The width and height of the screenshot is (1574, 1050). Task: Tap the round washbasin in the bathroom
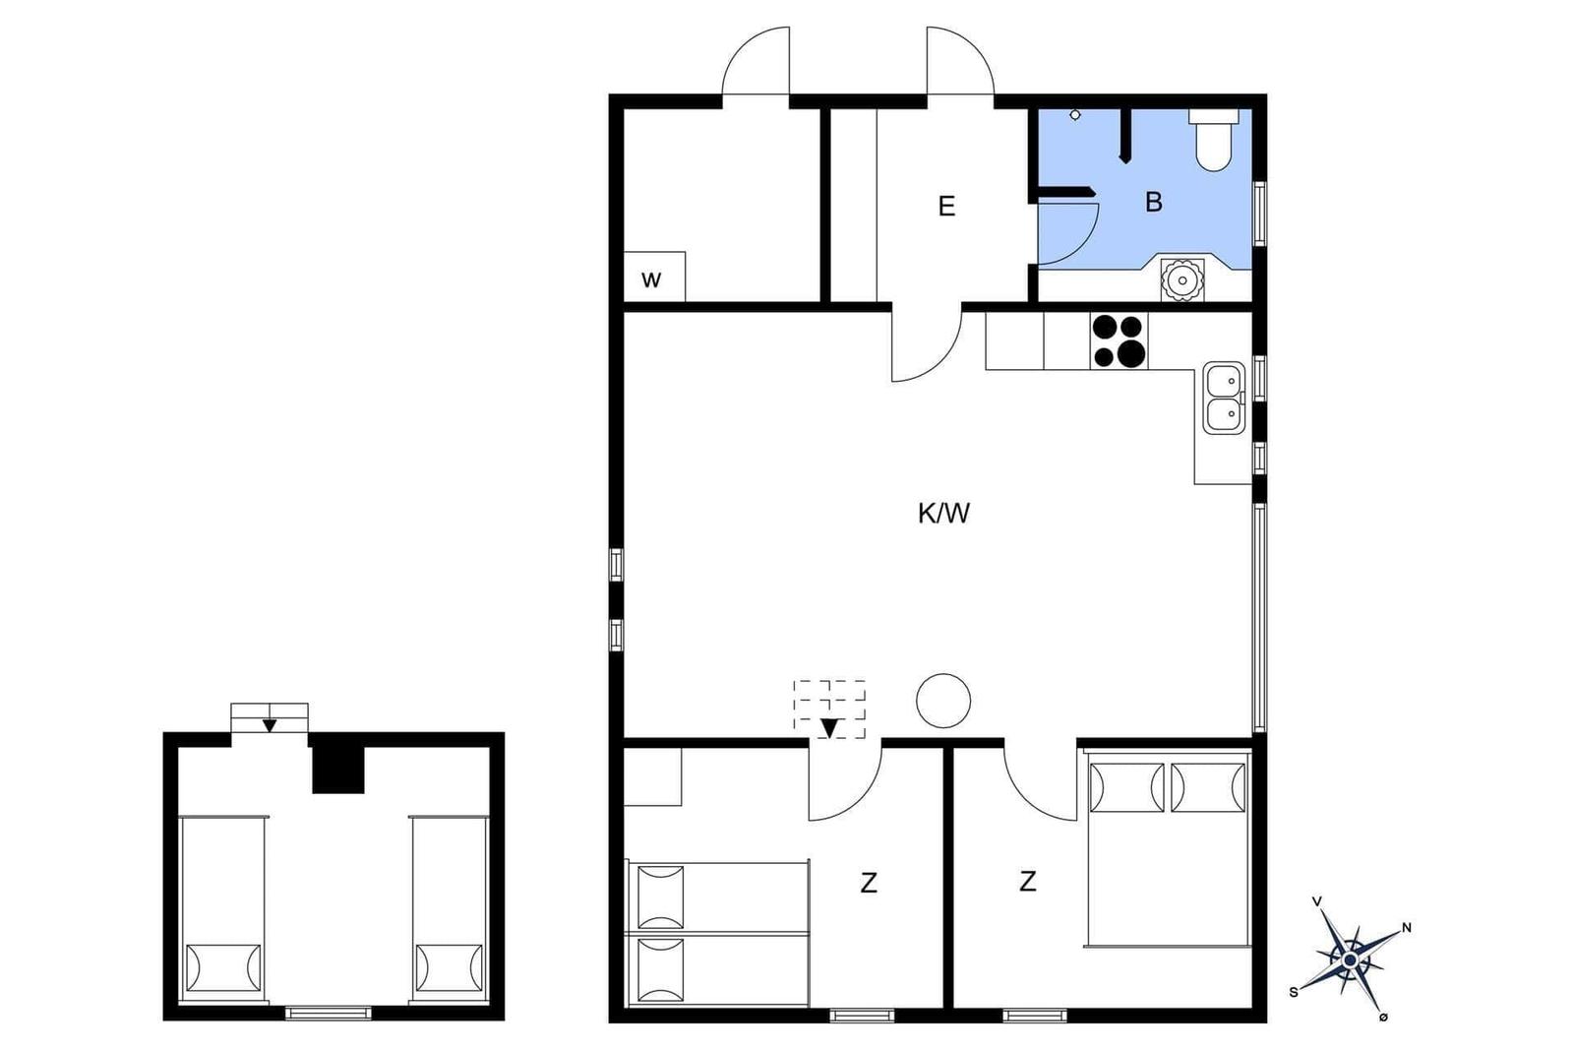pyautogui.click(x=1182, y=280)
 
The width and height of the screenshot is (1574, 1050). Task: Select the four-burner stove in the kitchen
pyautogui.click(x=1120, y=340)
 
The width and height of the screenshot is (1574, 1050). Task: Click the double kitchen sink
pyautogui.click(x=1224, y=398)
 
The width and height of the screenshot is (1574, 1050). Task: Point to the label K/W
pyautogui.click(x=943, y=514)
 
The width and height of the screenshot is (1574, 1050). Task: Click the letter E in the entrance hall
pyautogui.click(x=946, y=207)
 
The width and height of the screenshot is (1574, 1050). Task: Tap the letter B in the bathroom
pyautogui.click(x=1153, y=203)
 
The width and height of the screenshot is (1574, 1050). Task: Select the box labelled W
pyautogui.click(x=654, y=277)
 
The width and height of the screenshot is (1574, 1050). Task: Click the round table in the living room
pyautogui.click(x=943, y=701)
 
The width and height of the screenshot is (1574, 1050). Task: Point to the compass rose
pyautogui.click(x=1350, y=960)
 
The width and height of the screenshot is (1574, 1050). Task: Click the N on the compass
pyautogui.click(x=1407, y=928)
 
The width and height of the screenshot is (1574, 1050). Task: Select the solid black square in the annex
pyautogui.click(x=338, y=769)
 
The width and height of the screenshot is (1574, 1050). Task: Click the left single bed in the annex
pyautogui.click(x=222, y=908)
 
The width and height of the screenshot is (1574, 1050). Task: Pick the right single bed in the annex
pyautogui.click(x=450, y=908)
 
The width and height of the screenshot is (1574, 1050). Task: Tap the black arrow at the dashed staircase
pyautogui.click(x=830, y=728)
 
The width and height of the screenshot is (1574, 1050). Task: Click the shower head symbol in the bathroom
pyautogui.click(x=1075, y=115)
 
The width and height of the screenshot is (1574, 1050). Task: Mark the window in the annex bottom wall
pyautogui.click(x=329, y=1013)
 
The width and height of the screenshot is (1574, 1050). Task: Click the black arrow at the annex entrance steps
pyautogui.click(x=270, y=725)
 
